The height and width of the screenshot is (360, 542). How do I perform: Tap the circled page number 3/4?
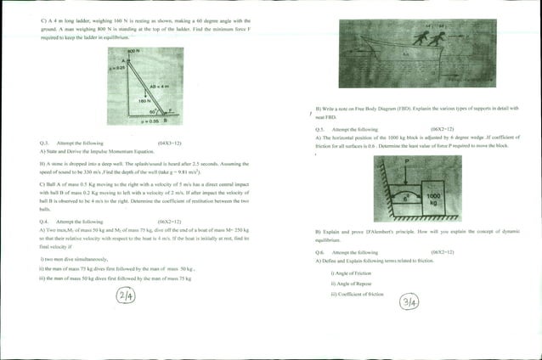click(409, 301)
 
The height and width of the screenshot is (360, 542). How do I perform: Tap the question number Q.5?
click(320, 129)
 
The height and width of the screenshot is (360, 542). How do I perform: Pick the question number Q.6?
click(320, 252)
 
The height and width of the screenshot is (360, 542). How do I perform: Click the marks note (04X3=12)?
click(169, 143)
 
